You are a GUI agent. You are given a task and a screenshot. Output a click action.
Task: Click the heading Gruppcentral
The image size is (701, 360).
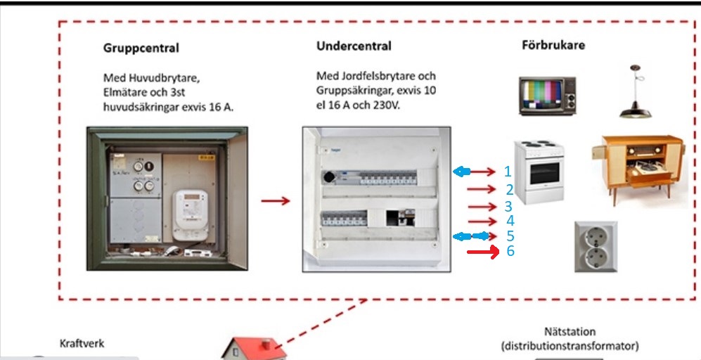(141, 49)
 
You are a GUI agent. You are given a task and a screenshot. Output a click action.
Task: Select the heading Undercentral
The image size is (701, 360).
(354, 46)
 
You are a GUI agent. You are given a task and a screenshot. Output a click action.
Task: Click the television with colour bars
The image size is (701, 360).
(547, 96)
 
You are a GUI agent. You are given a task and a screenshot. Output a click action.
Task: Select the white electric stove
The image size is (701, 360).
(540, 171)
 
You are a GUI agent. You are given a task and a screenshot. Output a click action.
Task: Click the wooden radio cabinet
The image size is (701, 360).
(636, 168)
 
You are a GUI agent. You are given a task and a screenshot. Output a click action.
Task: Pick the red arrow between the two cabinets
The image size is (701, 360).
(275, 201)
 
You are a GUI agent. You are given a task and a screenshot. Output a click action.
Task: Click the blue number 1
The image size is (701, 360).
(508, 171)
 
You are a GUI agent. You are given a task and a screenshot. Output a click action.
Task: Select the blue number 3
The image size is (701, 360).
(508, 207)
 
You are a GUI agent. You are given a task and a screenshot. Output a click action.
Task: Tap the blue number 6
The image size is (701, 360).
(510, 251)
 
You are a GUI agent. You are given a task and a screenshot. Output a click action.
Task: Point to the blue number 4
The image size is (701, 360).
(510, 221)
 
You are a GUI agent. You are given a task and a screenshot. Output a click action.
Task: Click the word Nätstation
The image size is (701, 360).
(569, 331)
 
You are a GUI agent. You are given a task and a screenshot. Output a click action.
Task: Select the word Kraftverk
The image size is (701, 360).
(82, 345)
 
